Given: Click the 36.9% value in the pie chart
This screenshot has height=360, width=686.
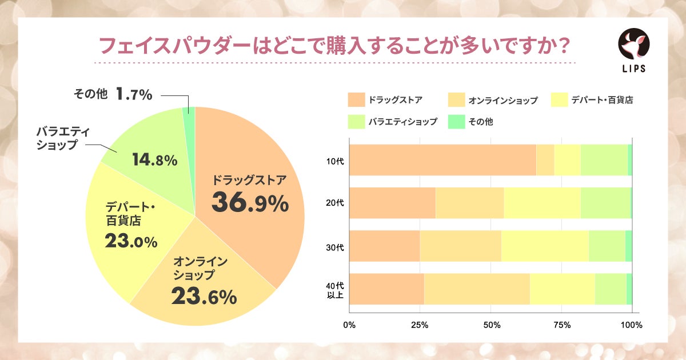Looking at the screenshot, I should click(250, 203).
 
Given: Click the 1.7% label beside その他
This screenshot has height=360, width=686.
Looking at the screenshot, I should click(134, 94).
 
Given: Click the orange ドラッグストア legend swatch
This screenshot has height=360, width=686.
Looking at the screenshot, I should click(356, 100).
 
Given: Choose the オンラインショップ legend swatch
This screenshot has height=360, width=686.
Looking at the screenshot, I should click(456, 100).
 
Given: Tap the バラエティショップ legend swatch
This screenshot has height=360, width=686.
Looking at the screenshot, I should click(356, 121).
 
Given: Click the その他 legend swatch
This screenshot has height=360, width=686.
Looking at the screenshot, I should click(456, 121).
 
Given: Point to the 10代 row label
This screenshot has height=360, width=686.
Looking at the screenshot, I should click(333, 160).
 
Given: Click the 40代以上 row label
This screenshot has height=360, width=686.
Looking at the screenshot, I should click(333, 289).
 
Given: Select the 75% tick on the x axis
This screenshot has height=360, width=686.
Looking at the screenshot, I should click(563, 325).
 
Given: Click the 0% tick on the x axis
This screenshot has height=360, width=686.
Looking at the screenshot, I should click(349, 325).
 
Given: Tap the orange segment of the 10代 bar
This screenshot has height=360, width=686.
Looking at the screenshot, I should click(442, 160).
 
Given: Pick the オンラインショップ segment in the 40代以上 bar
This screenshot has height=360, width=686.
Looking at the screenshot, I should click(477, 289).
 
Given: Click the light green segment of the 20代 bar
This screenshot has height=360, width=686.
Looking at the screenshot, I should click(605, 203).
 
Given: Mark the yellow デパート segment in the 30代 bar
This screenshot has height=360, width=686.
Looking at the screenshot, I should click(545, 246).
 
